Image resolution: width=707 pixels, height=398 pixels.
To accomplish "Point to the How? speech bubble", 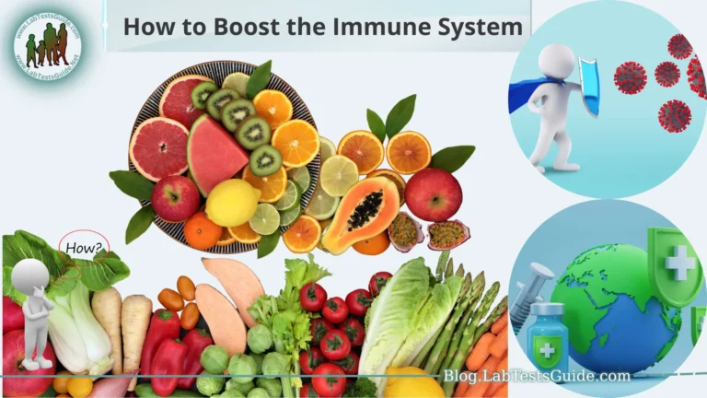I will pos(84,247).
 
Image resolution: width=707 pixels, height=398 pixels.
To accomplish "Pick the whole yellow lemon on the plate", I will pos(231,202).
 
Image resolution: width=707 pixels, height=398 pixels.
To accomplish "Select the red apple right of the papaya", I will pos(433,194).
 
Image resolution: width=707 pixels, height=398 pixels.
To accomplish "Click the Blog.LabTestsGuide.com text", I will pos(537,376).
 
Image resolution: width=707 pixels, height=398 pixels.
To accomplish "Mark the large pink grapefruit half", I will pos(158,146).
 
